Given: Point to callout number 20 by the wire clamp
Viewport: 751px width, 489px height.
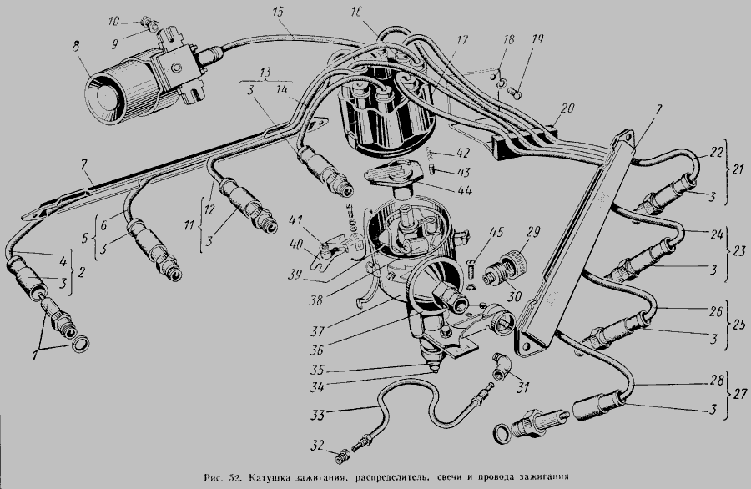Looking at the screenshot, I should click(568, 108).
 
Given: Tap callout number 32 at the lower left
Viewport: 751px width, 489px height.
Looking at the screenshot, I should click(319, 444).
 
